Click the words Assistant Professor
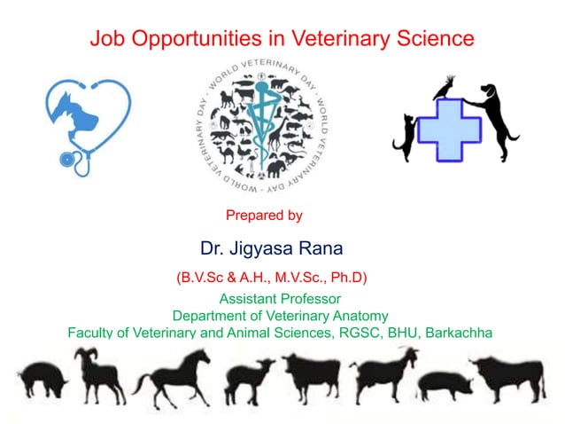pos(280,299)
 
